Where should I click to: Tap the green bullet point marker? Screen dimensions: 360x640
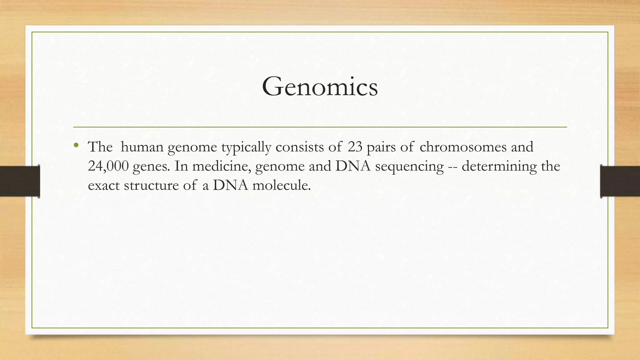[x=76, y=145]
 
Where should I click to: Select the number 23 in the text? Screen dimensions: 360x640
[x=355, y=147]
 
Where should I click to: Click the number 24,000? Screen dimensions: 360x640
[x=108, y=166]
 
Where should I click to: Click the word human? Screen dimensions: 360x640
[x=142, y=147]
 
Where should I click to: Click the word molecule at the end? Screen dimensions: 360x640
[x=282, y=186]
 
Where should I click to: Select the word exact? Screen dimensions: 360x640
[x=104, y=186]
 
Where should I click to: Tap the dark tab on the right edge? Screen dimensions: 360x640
[x=620, y=181]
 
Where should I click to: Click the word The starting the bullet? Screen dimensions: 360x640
[x=100, y=147]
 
